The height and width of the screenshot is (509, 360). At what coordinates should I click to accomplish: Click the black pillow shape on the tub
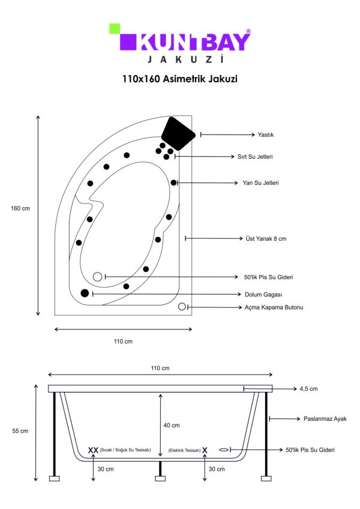click(x=178, y=133)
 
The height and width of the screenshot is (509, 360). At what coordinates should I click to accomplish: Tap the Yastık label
click(x=266, y=134)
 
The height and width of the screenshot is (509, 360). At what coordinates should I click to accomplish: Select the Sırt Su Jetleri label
click(x=255, y=157)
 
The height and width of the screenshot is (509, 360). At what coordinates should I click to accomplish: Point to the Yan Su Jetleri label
click(x=260, y=182)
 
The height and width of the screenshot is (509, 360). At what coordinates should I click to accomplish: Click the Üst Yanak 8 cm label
click(x=266, y=239)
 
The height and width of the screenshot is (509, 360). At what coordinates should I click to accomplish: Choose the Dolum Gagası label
click(x=263, y=295)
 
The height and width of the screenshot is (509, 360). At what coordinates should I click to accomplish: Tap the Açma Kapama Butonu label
click(x=274, y=307)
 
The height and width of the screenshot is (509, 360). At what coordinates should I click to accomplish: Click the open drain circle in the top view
click(x=97, y=277)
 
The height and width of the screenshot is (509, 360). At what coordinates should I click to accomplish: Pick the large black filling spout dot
click(x=85, y=293)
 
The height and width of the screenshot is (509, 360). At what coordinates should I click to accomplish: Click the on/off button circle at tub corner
click(x=182, y=307)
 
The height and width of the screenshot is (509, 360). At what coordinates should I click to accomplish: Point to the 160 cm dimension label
click(x=20, y=208)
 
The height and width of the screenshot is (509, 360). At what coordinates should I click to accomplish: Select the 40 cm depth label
click(x=172, y=425)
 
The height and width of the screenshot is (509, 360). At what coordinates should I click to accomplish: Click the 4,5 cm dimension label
click(x=308, y=388)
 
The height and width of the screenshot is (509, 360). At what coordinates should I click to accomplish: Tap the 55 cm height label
click(x=20, y=431)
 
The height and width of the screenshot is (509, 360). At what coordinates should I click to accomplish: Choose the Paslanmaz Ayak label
click(x=325, y=419)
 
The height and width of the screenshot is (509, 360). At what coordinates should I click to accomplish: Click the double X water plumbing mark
click(x=93, y=450)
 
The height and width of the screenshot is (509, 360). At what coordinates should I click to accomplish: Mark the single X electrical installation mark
click(x=205, y=450)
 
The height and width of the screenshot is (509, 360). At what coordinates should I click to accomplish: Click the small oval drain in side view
click(x=224, y=450)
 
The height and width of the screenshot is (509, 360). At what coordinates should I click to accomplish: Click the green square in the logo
click(x=115, y=29)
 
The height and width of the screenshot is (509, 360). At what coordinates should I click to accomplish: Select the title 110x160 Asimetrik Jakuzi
click(x=180, y=79)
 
